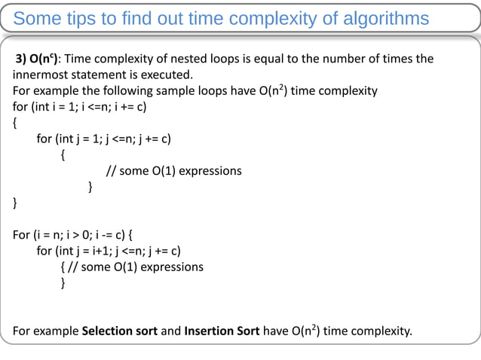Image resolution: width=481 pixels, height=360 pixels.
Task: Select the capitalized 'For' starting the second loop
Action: pos(22,234)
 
